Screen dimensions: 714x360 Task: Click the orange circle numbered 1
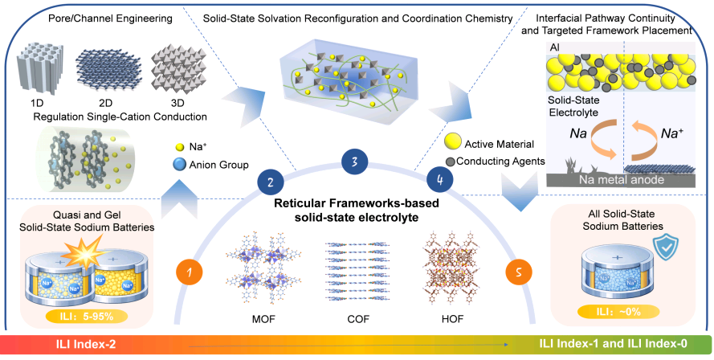point(190,272)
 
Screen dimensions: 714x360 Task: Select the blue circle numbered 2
point(271,183)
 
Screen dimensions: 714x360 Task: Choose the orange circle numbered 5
point(519,272)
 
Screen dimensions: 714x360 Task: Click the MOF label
point(263,319)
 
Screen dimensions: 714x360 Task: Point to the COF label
point(357,319)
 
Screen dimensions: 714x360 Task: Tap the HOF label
point(452,319)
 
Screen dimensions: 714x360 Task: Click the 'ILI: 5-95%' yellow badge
point(87,316)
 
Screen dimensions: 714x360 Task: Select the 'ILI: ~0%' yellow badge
point(619,312)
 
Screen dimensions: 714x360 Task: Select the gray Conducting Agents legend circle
point(451,162)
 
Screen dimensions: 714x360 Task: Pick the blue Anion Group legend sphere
point(180,164)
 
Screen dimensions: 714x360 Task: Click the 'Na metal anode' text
point(622,179)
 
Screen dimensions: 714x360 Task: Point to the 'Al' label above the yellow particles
point(555,48)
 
